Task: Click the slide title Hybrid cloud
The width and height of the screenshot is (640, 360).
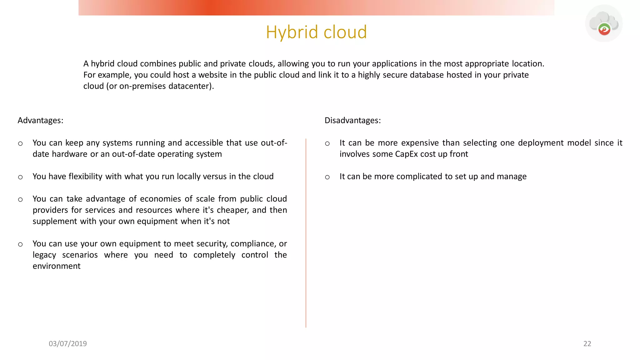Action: coord(316,32)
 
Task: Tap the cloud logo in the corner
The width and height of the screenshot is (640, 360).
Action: coord(604,23)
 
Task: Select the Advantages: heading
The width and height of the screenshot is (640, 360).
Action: coord(40,120)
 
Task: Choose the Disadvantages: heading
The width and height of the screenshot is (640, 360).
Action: coord(352,120)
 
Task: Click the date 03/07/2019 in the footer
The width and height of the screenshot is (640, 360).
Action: coord(68,344)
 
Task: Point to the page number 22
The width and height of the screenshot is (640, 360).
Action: coord(587,344)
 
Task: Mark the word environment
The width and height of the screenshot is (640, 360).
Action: coord(57,266)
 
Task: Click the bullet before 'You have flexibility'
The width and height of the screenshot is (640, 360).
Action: coord(20,177)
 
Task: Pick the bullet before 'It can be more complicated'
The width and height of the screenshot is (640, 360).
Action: coord(327,177)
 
